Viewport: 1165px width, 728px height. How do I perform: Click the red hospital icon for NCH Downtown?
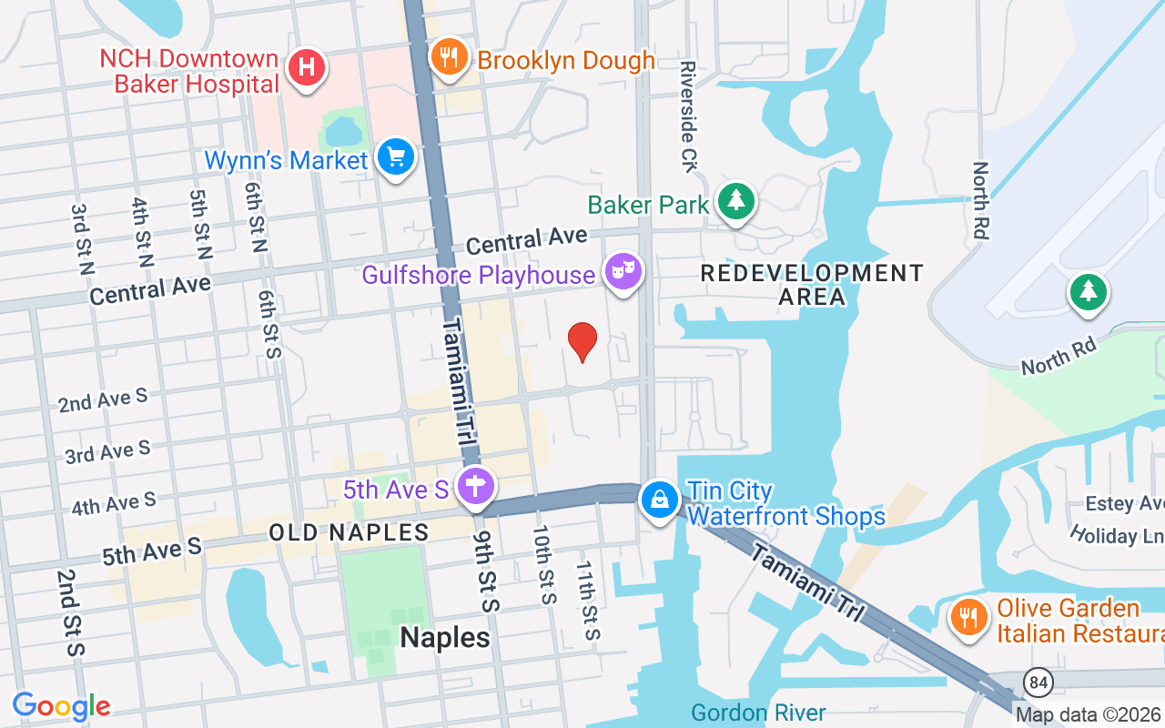coord(308,67)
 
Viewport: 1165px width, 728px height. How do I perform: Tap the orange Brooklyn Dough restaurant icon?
coord(449,57)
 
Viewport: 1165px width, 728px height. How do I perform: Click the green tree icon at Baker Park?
coord(736,201)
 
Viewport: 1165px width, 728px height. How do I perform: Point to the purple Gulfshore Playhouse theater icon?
coord(623,271)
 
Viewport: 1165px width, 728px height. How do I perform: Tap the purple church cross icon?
coord(475,486)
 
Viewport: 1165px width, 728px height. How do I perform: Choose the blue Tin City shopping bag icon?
coord(659,499)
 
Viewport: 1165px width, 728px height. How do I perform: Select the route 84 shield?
coord(1036,682)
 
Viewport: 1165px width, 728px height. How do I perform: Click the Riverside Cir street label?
coord(688,116)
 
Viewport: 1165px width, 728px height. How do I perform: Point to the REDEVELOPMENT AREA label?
coord(812,284)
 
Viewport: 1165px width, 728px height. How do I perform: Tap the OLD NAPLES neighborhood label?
coord(349,532)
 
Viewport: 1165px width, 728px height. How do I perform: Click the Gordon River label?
coord(758,713)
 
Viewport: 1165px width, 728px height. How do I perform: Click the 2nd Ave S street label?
coord(103,399)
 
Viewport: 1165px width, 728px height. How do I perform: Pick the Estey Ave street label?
coord(1125,503)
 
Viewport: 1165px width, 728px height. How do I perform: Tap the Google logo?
coord(61,706)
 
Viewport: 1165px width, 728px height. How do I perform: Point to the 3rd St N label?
coord(82,238)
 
